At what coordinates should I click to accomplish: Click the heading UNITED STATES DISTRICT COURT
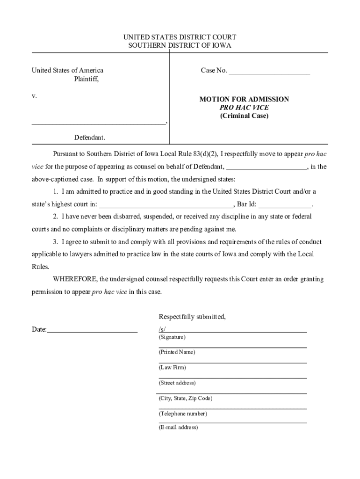coord(180,37)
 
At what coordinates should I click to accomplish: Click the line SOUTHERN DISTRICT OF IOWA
coord(180,45)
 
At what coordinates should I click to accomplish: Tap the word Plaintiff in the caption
coord(86,79)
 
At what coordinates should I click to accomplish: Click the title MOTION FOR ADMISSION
coord(244,99)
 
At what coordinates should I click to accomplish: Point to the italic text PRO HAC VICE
coord(244,108)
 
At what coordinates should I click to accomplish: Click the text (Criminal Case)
coord(244,116)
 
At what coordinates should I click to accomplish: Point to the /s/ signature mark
coord(162,330)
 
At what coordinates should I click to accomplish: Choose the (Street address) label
coord(177,383)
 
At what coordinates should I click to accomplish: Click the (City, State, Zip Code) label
coord(185,399)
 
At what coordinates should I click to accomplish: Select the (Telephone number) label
coord(182,414)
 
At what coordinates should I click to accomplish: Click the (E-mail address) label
coord(178,428)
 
